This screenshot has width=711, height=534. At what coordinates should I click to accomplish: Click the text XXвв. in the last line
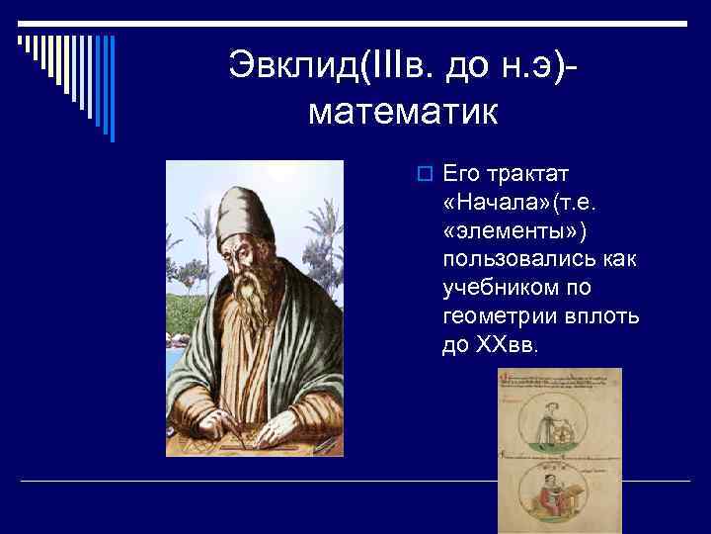[505, 345]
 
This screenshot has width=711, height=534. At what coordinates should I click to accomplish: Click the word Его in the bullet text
[461, 174]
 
